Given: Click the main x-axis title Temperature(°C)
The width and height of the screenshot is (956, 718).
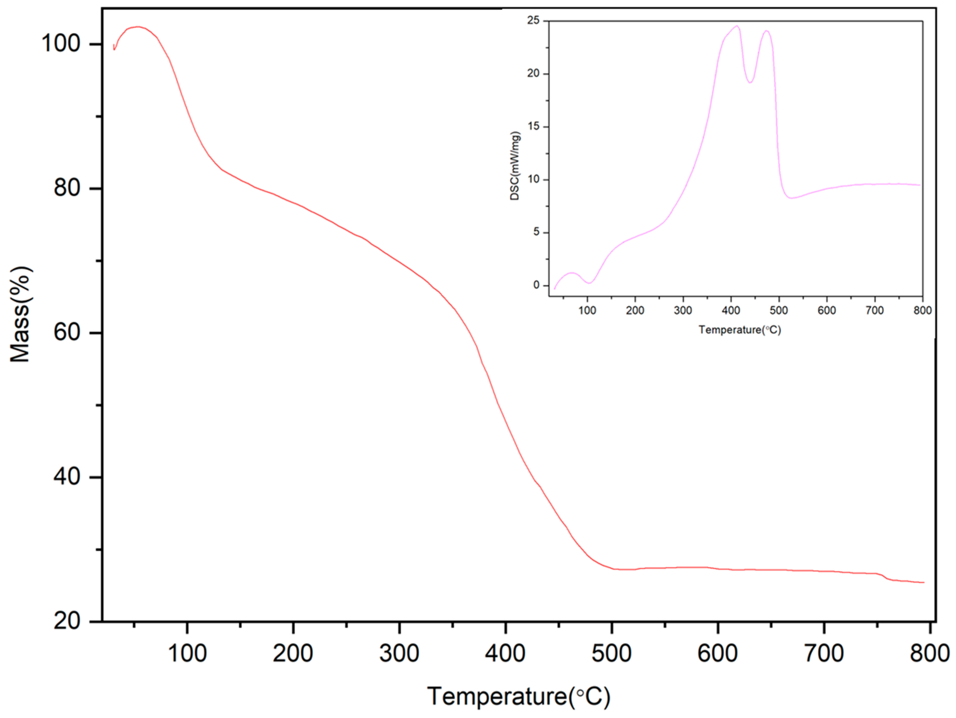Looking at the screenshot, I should click(519, 697).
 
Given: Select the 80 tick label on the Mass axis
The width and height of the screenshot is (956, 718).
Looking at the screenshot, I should click(67, 188).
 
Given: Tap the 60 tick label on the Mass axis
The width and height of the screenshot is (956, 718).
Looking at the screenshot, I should click(67, 333).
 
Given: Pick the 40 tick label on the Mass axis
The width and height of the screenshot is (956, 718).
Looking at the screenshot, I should click(67, 477).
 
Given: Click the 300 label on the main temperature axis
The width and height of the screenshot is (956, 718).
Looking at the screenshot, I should click(399, 653).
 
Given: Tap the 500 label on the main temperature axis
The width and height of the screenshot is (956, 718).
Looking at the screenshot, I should click(612, 653).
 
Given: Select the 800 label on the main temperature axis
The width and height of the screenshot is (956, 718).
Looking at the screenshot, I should click(930, 653).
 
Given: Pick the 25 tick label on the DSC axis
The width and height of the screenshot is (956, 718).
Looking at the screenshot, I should click(534, 20).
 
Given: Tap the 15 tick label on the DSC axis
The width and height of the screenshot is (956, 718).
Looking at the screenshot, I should click(534, 126).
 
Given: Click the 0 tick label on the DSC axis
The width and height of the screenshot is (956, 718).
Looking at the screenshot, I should click(536, 285).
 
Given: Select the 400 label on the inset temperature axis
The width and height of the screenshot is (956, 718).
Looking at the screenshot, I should click(731, 310).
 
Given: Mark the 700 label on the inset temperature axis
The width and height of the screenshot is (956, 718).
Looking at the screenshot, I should click(875, 310).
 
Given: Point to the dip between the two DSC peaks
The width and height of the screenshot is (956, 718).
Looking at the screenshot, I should click(750, 83).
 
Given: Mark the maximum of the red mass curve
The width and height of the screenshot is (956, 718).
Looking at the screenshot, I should click(137, 27).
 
